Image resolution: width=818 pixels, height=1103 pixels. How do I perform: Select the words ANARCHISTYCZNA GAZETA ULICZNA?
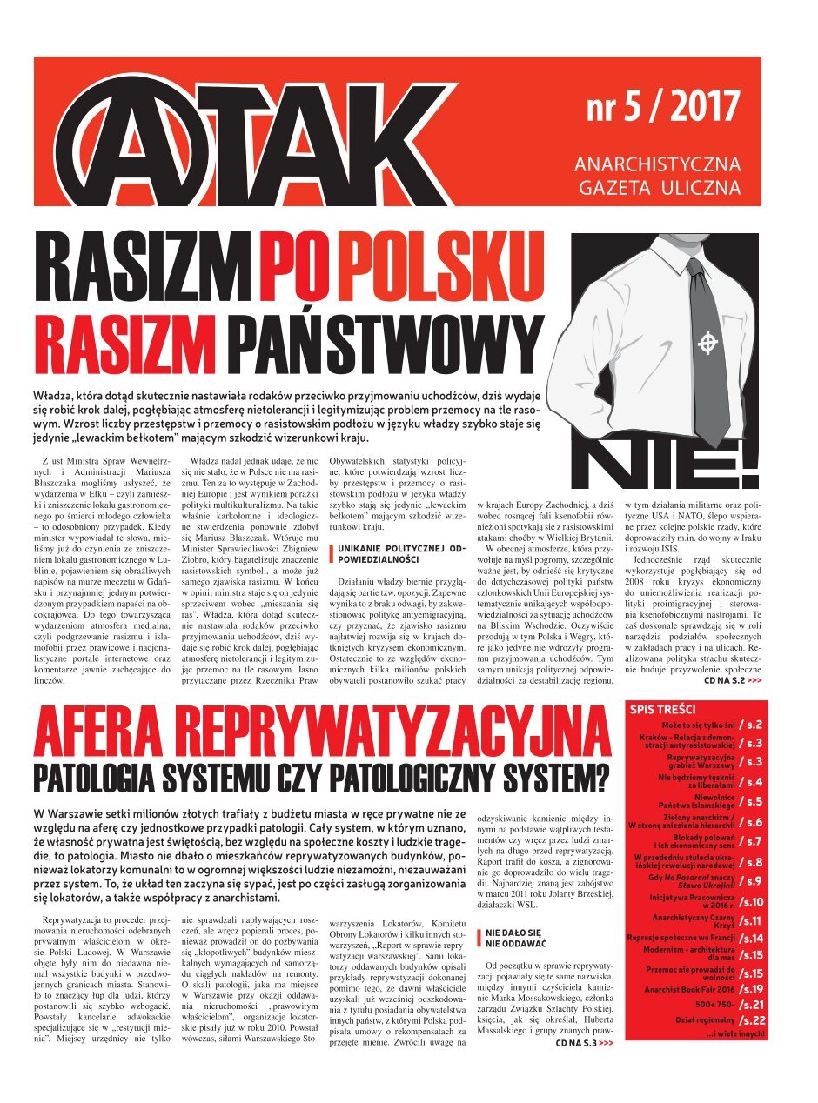(x=658, y=175)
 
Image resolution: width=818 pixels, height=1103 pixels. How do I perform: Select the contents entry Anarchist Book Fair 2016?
(x=691, y=989)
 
